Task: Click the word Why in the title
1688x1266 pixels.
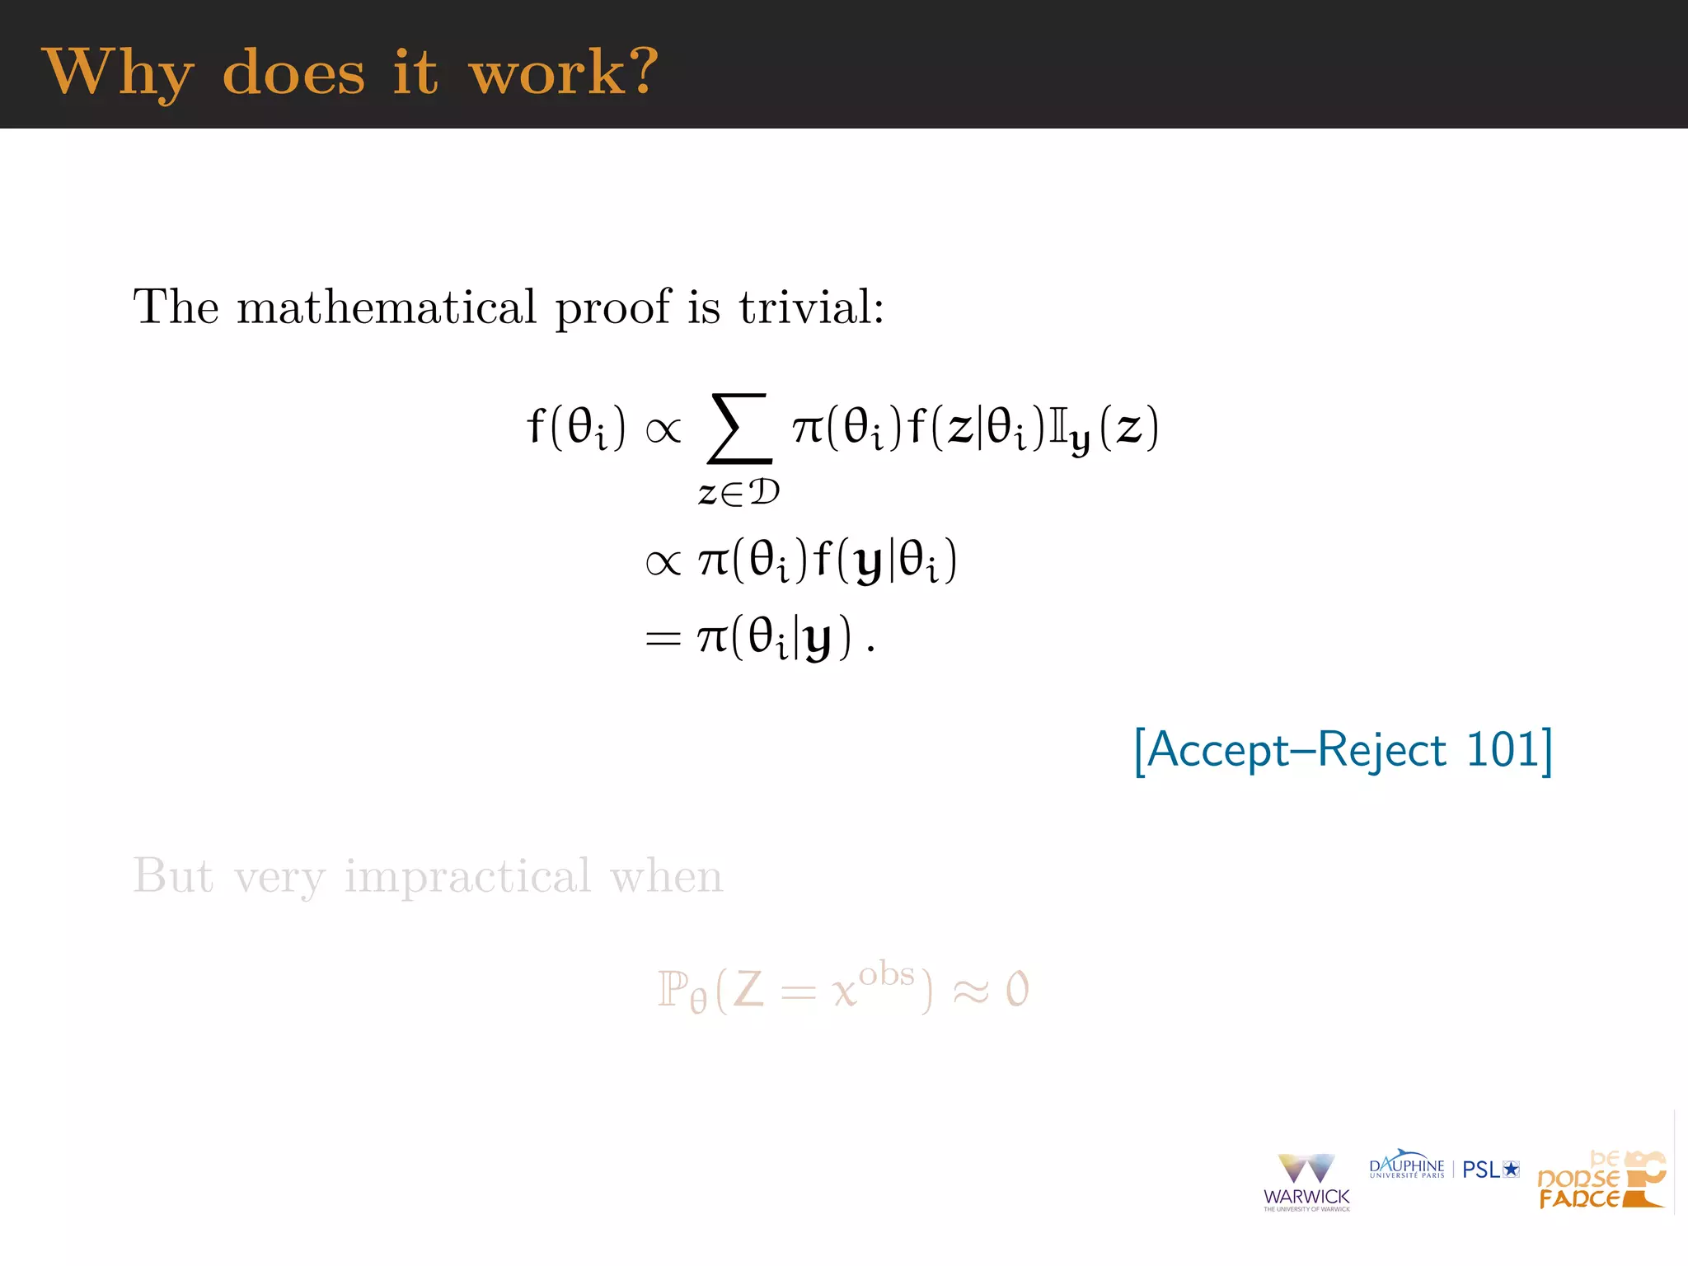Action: click(118, 73)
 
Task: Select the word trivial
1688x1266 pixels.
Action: click(811, 307)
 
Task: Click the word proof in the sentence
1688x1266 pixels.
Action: click(612, 308)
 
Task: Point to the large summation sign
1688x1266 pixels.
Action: click(739, 428)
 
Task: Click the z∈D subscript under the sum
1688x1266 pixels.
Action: click(738, 493)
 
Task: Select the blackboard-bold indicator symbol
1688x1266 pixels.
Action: click(1057, 427)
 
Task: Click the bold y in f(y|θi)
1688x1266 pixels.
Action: click(869, 563)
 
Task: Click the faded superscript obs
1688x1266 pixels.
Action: click(886, 974)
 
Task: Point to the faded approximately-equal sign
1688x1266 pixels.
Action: click(970, 992)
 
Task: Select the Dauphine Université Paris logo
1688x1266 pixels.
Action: click(1406, 1166)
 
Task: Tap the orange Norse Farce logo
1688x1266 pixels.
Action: click(1601, 1180)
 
